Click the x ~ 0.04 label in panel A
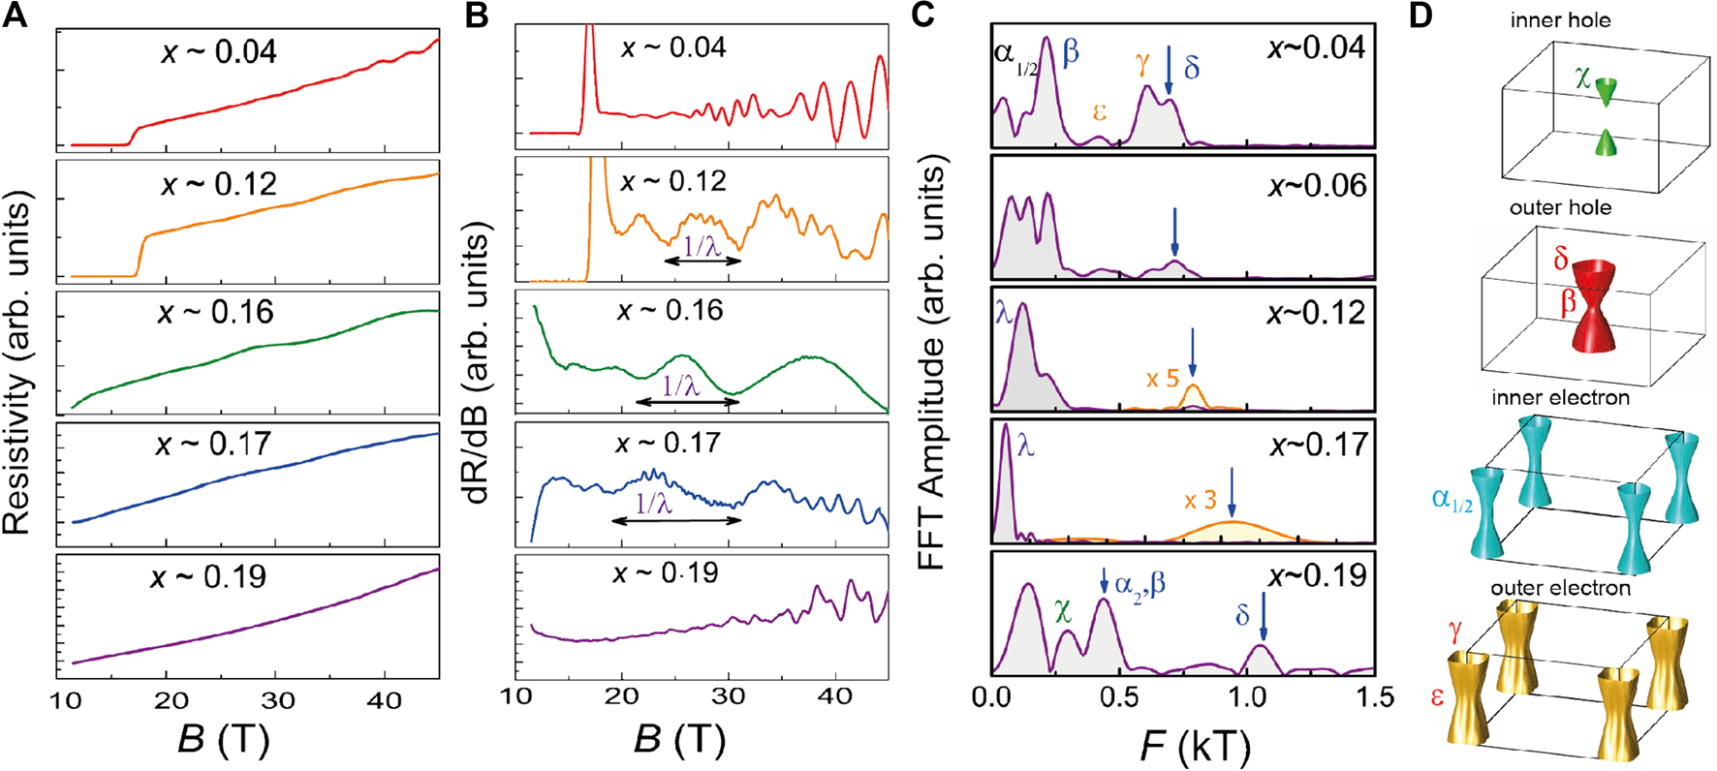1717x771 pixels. (219, 50)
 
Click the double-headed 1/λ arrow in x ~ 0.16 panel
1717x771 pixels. (687, 401)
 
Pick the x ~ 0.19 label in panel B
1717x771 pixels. (666, 572)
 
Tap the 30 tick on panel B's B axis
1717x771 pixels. (727, 696)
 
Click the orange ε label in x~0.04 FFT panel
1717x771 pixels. (1099, 112)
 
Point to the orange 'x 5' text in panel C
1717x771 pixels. (1162, 378)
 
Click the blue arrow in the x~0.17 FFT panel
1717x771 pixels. (1232, 491)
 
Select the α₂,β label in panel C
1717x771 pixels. (1139, 583)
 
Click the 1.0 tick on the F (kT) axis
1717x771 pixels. (1245, 696)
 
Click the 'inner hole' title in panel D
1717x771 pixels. (1560, 20)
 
